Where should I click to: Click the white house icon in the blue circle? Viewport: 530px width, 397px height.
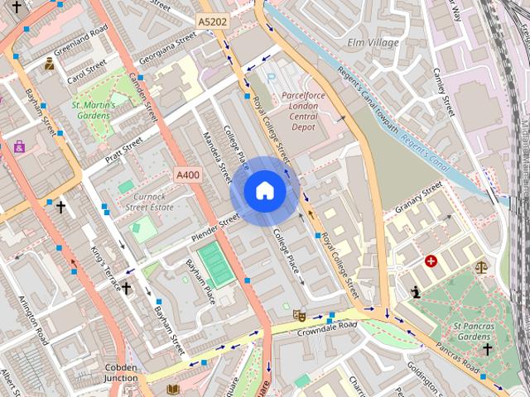(x=264, y=191)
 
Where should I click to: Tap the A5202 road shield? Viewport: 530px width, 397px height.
(x=212, y=20)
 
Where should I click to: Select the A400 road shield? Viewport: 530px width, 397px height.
(x=188, y=175)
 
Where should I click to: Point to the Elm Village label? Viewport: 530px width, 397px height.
(x=373, y=42)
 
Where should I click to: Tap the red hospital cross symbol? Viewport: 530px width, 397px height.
(x=431, y=261)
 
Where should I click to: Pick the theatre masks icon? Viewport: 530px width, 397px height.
(x=299, y=315)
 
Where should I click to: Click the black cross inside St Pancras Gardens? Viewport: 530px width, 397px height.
(x=487, y=349)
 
